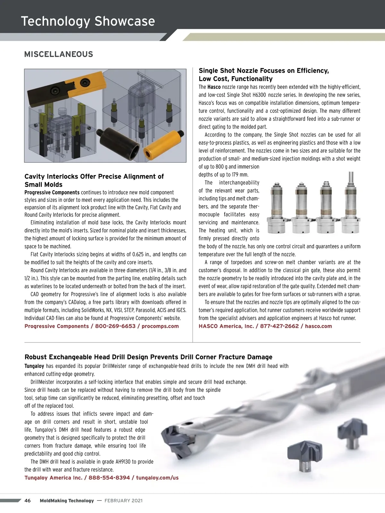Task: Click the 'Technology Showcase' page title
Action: [88, 21]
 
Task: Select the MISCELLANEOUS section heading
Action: [59, 54]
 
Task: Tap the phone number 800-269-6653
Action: [115, 326]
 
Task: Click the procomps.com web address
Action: [160, 326]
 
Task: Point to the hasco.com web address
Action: [318, 326]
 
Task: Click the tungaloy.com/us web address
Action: [157, 477]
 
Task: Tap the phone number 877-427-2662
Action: [279, 326]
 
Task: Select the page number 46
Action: [28, 500]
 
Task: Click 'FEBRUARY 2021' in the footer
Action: [124, 500]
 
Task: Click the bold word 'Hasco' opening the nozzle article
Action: [214, 87]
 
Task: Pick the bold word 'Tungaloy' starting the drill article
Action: [34, 366]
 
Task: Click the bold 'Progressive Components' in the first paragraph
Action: [52, 192]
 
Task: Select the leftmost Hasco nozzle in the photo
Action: [276, 208]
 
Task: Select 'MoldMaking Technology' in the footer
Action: [67, 500]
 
